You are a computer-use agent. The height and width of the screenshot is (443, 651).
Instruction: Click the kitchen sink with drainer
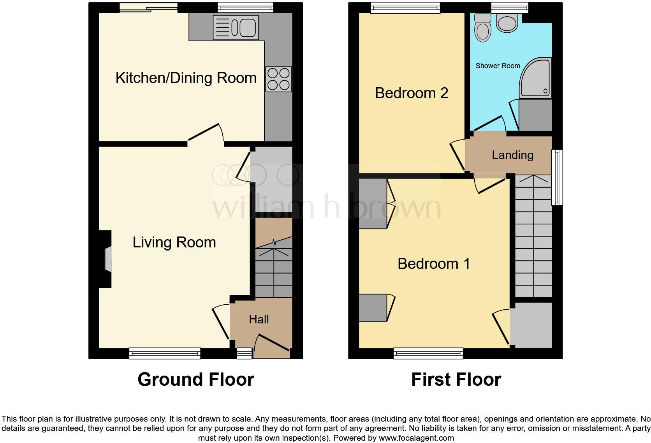click(236, 27)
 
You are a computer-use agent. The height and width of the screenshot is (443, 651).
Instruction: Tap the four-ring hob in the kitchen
click(278, 79)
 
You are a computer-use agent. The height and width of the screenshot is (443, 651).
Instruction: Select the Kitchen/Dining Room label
click(186, 78)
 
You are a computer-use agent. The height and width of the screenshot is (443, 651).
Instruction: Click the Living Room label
click(174, 242)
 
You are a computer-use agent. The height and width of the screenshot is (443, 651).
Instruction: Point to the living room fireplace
click(106, 259)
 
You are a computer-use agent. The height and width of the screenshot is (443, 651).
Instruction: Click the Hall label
click(259, 319)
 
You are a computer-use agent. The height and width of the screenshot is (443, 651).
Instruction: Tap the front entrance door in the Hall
click(272, 342)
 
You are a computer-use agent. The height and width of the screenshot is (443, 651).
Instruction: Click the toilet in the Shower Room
click(483, 27)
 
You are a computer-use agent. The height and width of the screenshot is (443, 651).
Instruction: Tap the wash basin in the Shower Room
click(507, 23)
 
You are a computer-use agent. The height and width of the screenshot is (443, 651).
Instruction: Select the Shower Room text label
click(498, 66)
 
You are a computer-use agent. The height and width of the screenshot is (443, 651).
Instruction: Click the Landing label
click(512, 155)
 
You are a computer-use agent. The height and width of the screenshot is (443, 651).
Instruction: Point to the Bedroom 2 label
click(412, 93)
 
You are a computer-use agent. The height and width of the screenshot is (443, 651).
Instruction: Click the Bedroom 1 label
click(434, 264)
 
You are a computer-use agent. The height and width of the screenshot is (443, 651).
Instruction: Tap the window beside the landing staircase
click(557, 177)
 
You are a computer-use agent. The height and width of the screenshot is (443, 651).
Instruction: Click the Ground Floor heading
click(195, 379)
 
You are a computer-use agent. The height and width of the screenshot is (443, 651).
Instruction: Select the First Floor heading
click(456, 379)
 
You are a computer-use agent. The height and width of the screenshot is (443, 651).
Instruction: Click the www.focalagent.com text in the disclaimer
click(416, 438)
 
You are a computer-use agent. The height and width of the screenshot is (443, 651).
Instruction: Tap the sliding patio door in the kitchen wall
click(148, 7)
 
